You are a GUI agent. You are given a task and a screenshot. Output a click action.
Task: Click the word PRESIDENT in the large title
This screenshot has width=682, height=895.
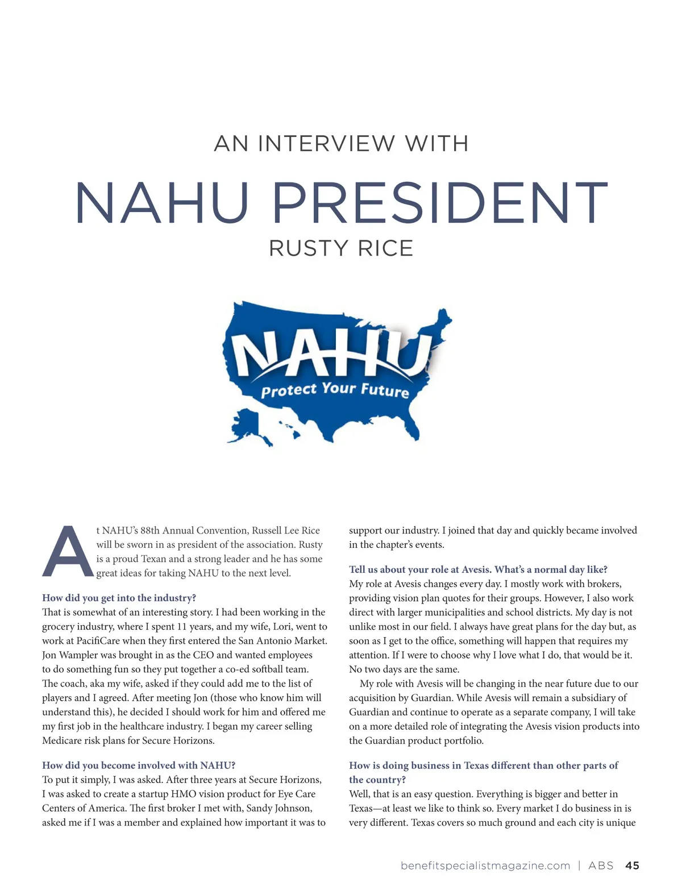coord(440,203)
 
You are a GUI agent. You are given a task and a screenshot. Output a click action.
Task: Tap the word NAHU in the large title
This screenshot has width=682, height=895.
coord(162,203)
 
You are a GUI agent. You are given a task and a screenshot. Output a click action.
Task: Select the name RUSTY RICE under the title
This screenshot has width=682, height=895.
coord(341,248)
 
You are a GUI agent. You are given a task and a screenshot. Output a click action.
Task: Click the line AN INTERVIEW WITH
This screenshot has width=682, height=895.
coord(341,144)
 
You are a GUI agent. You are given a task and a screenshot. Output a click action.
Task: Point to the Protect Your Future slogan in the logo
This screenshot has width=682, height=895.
coord(335,390)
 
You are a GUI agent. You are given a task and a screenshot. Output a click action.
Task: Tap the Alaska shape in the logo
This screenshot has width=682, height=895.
coord(248,426)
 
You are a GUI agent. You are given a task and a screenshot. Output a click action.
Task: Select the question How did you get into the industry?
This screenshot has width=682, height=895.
coord(119,598)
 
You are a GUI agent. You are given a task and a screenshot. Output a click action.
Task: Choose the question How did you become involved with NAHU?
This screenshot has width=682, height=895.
coord(139,765)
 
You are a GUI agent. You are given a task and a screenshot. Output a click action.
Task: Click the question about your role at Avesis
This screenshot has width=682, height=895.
coord(478,569)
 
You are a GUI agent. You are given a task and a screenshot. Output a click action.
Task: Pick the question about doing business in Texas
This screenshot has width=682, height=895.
coord(483,772)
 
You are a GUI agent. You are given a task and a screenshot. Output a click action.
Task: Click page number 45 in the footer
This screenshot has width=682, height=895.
coord(632,865)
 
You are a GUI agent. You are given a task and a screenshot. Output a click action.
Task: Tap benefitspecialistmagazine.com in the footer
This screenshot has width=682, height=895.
coord(485,865)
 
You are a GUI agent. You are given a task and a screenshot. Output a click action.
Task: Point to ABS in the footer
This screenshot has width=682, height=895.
coord(601,865)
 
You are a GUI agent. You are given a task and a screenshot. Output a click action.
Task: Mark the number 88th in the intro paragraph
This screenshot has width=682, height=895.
coord(150,530)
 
